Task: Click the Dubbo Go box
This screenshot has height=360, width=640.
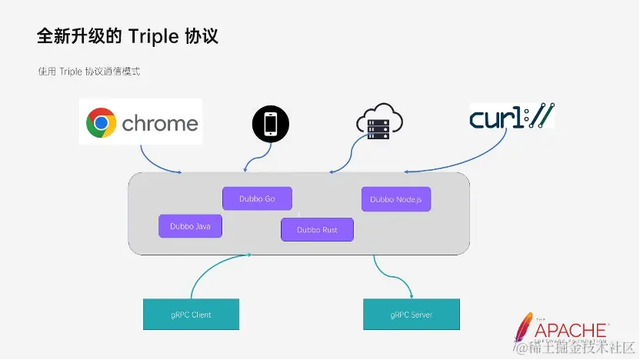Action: (257, 198)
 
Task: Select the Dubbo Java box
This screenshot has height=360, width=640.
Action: (190, 225)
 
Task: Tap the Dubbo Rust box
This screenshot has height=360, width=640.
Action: (317, 229)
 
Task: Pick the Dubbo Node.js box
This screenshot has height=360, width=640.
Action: (396, 199)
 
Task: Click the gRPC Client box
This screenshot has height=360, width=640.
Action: (191, 315)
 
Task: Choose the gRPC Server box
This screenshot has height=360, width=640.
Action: (412, 315)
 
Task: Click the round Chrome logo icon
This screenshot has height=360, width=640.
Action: (102, 123)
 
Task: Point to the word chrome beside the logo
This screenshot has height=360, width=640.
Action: (160, 123)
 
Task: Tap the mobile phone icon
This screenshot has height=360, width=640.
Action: (271, 124)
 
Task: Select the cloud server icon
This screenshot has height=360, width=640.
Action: (379, 122)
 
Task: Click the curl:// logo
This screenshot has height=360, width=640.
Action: (512, 116)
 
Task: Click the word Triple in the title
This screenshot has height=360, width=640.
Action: (154, 36)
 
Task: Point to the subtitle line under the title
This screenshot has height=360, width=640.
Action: (89, 72)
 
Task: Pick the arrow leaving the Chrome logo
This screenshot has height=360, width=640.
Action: (153, 163)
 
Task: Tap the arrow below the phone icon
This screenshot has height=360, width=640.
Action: (256, 158)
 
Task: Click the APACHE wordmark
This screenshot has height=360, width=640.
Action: (571, 331)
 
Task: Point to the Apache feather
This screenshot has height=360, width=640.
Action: (522, 330)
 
